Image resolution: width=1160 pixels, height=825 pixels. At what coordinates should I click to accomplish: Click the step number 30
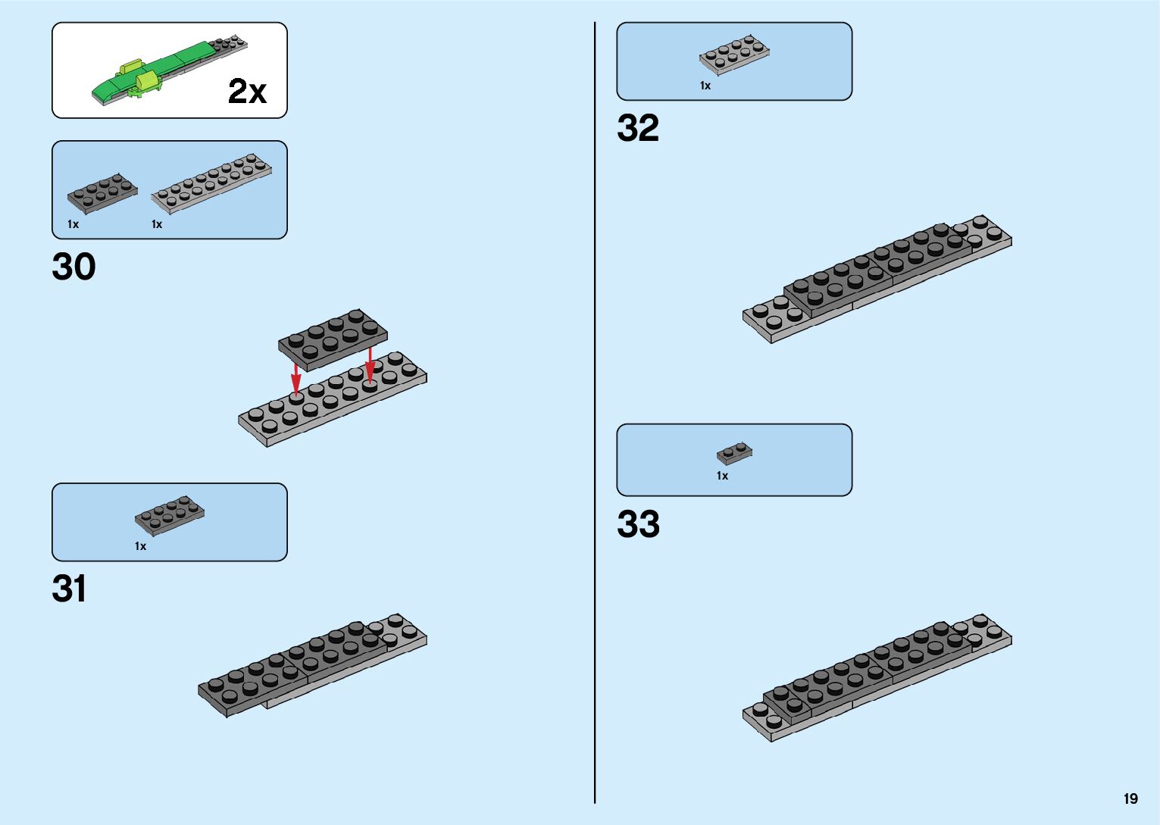click(x=73, y=267)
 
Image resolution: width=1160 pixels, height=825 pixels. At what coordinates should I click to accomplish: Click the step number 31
click(x=69, y=589)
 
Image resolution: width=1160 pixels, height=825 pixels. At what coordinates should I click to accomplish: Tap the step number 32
click(x=638, y=128)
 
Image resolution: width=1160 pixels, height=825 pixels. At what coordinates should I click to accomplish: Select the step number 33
click(x=638, y=524)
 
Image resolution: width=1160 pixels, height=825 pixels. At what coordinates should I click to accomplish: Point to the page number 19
click(x=1130, y=798)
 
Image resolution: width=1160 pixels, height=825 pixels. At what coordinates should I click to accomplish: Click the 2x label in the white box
click(x=247, y=92)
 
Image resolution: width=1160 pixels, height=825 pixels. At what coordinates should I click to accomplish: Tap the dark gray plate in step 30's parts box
click(x=102, y=193)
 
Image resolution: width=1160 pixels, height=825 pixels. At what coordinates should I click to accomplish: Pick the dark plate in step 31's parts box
click(x=169, y=515)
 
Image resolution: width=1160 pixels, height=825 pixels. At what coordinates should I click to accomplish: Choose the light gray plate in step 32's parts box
click(x=733, y=54)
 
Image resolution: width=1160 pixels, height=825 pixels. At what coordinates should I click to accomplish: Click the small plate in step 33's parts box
click(x=734, y=453)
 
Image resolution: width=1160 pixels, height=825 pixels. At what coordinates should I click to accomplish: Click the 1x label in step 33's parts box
click(x=722, y=476)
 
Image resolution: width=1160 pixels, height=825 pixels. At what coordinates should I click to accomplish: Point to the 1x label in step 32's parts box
click(x=705, y=86)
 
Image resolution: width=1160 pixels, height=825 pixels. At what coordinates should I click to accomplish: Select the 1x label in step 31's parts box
click(x=140, y=546)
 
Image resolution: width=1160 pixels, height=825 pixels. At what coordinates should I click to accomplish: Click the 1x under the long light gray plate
click(x=157, y=224)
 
